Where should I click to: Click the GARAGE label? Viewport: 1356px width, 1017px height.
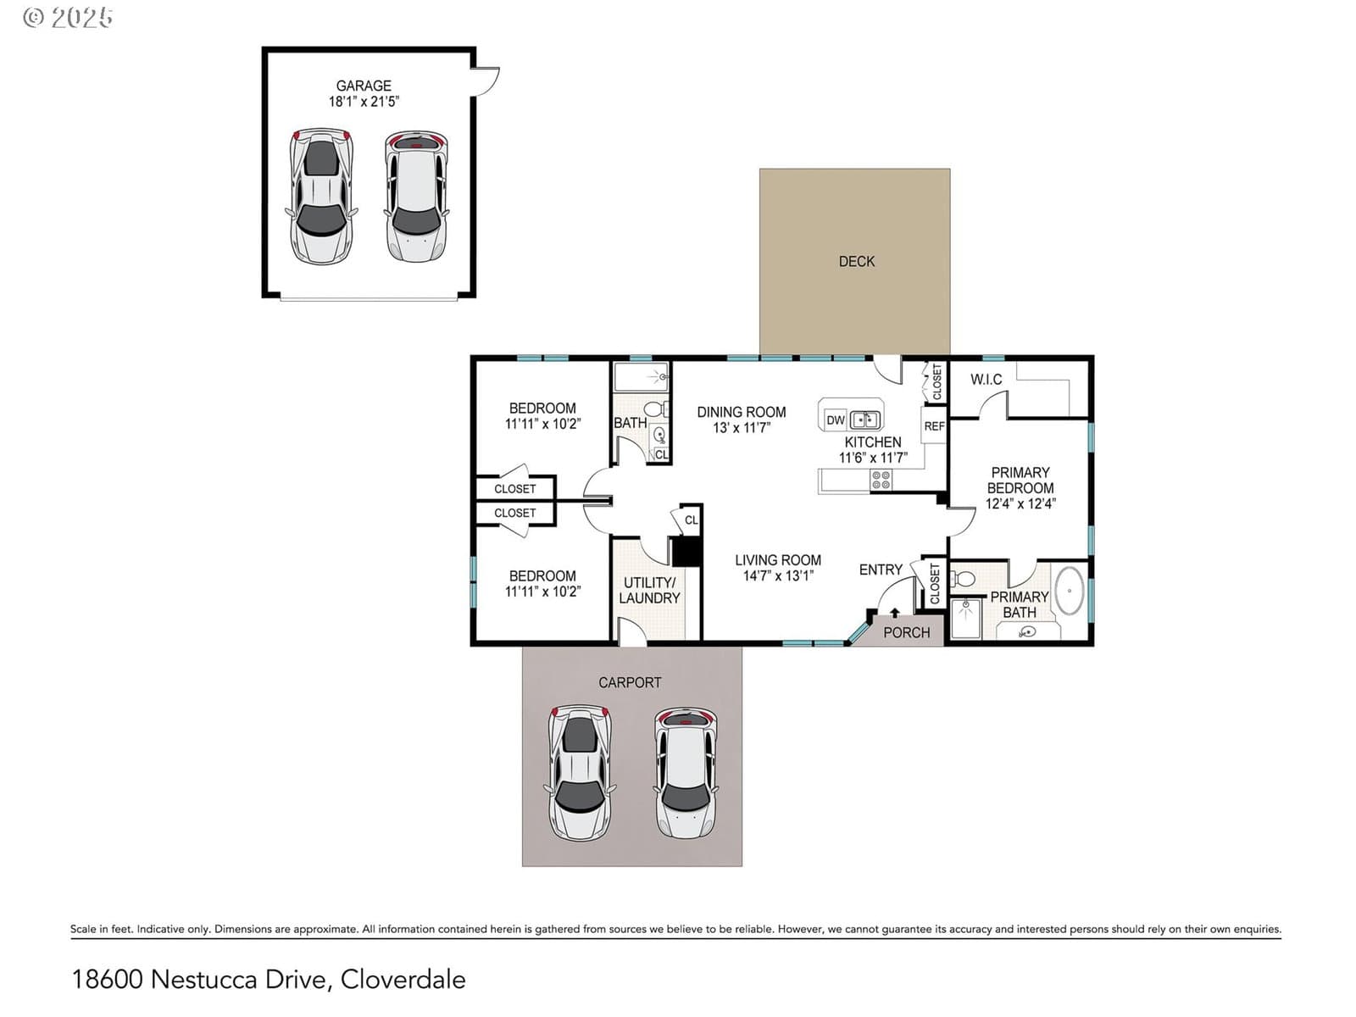tap(364, 86)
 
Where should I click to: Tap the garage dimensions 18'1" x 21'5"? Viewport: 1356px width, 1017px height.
tap(364, 102)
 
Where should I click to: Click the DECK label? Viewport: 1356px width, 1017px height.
tap(856, 262)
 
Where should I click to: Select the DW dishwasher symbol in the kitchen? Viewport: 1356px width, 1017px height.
tap(836, 420)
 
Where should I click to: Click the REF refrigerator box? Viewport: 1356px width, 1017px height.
tap(933, 425)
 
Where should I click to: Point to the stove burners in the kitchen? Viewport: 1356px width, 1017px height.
tap(881, 480)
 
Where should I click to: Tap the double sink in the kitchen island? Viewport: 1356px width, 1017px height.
tap(865, 420)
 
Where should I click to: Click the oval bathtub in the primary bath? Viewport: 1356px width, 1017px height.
tap(1070, 591)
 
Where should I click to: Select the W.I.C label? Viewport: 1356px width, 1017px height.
tap(986, 379)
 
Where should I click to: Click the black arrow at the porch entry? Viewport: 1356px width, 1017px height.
tap(894, 613)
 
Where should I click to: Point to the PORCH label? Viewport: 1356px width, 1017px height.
tap(906, 632)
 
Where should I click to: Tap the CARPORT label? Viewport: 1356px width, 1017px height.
tap(630, 682)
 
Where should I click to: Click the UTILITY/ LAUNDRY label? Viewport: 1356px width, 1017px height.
tap(649, 591)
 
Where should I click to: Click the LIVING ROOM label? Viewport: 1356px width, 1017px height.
tap(778, 560)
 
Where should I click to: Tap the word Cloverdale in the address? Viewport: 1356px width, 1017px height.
tap(403, 980)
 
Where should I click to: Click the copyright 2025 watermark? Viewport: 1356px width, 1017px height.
tap(68, 17)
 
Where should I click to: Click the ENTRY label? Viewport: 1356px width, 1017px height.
tap(881, 570)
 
